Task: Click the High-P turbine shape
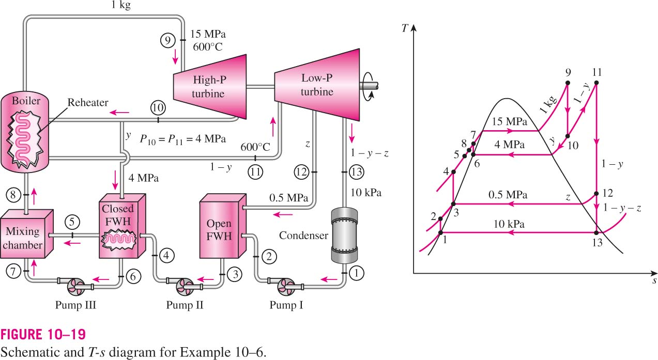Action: [x=210, y=87]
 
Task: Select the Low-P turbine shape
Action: [x=317, y=85]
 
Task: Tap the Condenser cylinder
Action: [x=344, y=236]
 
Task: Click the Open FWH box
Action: [x=223, y=226]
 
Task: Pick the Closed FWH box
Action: [x=122, y=226]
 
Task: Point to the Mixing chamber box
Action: [x=27, y=234]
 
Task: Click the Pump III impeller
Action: [x=75, y=287]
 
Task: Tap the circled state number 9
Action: [x=168, y=40]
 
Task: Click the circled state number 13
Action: [x=356, y=172]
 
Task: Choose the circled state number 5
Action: [x=72, y=222]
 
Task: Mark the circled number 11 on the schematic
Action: [x=255, y=172]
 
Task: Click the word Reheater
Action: [x=88, y=102]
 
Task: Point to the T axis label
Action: [x=405, y=28]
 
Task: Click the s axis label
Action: [x=654, y=281]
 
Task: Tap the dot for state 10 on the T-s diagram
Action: [x=568, y=136]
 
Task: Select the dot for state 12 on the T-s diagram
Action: [x=596, y=194]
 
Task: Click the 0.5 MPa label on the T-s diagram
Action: [x=508, y=195]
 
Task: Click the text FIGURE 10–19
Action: [x=43, y=335]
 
